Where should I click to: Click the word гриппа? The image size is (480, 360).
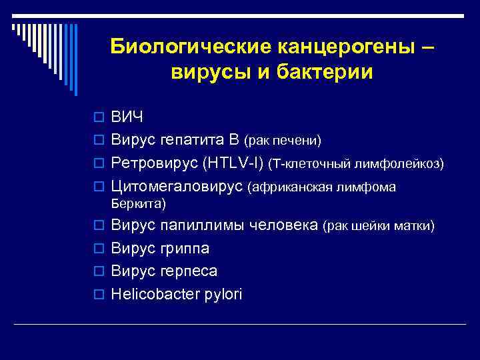coord(184,249)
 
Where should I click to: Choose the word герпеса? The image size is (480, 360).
coord(189,271)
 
